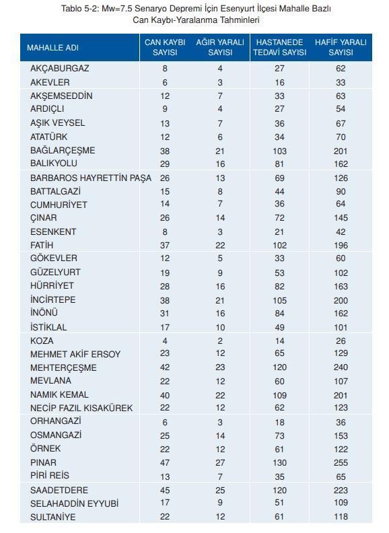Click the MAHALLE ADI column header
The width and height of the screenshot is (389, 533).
click(x=52, y=48)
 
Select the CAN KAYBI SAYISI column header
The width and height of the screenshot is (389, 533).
click(x=165, y=47)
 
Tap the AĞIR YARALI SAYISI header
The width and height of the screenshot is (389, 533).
click(x=220, y=47)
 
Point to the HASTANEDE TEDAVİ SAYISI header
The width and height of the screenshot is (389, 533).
click(x=279, y=47)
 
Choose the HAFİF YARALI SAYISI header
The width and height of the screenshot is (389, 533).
click(x=341, y=47)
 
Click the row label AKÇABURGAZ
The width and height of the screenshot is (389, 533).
click(x=60, y=69)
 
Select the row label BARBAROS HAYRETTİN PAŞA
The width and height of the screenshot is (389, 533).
click(x=91, y=178)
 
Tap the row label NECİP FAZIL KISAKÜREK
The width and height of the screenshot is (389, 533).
click(x=81, y=408)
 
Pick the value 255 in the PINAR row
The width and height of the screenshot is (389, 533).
click(x=341, y=463)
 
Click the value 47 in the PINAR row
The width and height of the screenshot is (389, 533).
click(x=165, y=463)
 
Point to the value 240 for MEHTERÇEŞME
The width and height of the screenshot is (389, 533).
click(x=341, y=367)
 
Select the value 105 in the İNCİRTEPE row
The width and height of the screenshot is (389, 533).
click(x=279, y=299)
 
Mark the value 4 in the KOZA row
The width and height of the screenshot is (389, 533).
click(x=165, y=341)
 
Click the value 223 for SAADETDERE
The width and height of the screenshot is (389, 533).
click(x=341, y=490)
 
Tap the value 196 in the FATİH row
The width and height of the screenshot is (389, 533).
click(x=341, y=245)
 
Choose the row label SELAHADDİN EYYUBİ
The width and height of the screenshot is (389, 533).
click(x=74, y=503)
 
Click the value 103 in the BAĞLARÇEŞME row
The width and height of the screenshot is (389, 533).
click(x=279, y=150)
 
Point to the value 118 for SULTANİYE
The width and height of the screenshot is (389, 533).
click(x=341, y=517)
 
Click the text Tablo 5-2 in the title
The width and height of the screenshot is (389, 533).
click(x=79, y=9)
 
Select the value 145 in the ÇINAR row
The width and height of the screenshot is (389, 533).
click(x=341, y=218)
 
